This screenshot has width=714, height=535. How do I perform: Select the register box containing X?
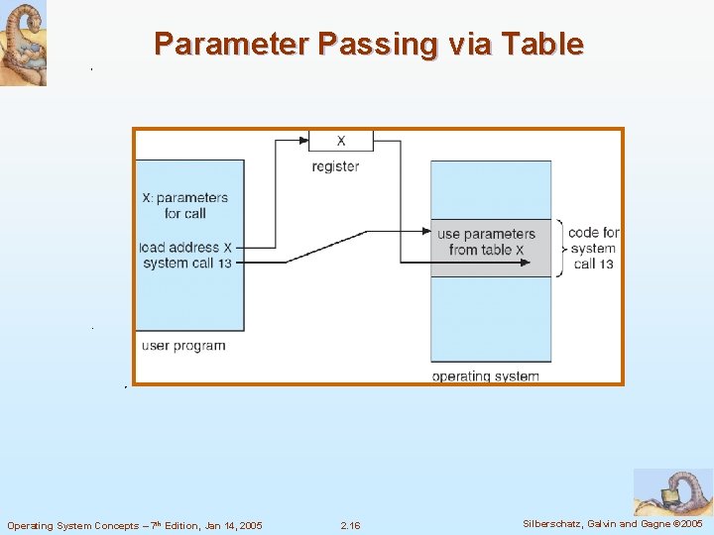(341, 141)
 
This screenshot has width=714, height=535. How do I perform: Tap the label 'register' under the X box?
(335, 166)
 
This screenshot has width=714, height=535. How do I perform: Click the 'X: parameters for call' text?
(185, 205)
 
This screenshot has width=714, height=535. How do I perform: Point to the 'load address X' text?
(186, 247)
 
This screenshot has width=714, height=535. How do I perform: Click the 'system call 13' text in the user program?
(187, 263)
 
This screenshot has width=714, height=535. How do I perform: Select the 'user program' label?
(183, 346)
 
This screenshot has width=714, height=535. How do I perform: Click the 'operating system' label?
(486, 375)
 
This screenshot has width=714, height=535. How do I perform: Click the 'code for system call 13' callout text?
(594, 248)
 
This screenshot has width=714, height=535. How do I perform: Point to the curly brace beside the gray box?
(560, 248)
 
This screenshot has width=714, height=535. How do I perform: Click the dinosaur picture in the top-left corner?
(23, 44)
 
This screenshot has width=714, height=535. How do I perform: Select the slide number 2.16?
(350, 525)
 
